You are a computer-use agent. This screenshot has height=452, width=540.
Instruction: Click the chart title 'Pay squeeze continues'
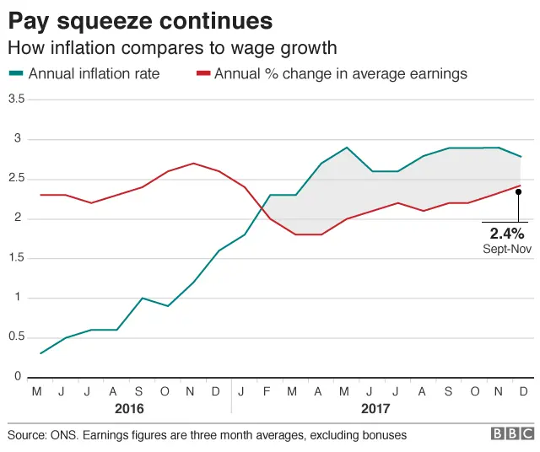[x=140, y=19]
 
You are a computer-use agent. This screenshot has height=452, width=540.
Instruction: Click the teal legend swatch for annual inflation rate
[x=16, y=74]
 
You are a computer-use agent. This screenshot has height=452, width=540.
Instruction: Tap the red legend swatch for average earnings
[x=203, y=74]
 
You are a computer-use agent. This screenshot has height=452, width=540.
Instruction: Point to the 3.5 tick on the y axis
[x=15, y=100]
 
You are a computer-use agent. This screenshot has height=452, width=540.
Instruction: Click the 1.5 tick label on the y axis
[x=15, y=258]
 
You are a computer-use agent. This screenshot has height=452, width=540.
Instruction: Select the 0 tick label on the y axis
[x=17, y=377]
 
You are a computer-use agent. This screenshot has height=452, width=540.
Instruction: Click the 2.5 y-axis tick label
[x=15, y=179]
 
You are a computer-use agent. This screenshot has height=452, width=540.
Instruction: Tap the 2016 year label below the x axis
[x=129, y=408]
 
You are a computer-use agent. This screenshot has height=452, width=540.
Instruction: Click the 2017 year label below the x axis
[x=375, y=408]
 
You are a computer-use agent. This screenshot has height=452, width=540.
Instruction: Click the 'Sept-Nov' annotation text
[x=507, y=249]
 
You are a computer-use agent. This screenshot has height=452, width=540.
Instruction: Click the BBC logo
[x=511, y=433]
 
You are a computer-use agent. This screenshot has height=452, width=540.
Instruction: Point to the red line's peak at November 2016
[x=193, y=164]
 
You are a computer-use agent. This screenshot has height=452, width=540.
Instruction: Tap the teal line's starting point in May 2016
[x=40, y=353]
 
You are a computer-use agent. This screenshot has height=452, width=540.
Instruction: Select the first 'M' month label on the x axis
[x=36, y=391]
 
